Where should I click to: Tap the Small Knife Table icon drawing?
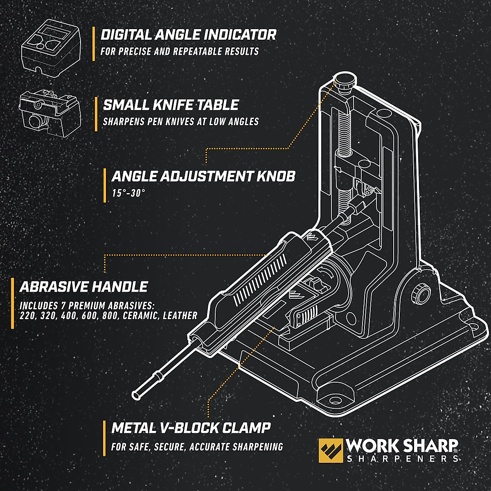49,110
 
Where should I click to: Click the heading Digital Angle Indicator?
189,35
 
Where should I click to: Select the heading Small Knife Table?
171,105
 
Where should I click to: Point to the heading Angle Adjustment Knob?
203,177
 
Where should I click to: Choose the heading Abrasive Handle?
83,287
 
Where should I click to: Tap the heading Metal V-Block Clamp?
191,428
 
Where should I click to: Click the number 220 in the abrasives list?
28,316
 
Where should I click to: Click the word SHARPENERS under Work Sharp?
402,459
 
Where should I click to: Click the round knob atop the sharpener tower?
345,80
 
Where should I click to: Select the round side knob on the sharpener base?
421,293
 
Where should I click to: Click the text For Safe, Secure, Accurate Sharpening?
197,447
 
